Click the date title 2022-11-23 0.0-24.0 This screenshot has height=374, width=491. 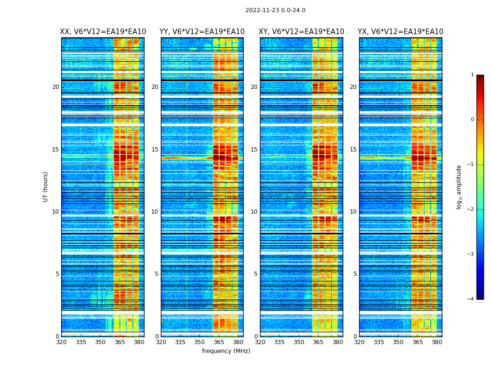click(x=275, y=10)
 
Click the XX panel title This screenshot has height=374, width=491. click(x=103, y=32)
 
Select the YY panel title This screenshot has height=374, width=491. click(x=202, y=32)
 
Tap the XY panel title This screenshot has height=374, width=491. click(x=302, y=32)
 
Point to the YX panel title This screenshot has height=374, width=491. click(x=400, y=32)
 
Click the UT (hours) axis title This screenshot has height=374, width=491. click(x=46, y=187)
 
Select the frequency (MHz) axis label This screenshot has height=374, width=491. click(x=226, y=351)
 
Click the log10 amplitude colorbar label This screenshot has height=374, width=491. click(x=459, y=187)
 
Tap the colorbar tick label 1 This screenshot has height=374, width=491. click(x=472, y=75)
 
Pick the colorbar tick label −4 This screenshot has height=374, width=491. click(x=471, y=299)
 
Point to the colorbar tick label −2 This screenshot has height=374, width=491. click(x=471, y=209)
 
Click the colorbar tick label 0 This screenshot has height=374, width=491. click(x=472, y=120)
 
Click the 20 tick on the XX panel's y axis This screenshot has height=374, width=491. click(x=56, y=87)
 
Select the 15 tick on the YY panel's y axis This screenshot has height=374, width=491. click(x=155, y=150)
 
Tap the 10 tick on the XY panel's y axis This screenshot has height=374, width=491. click(x=254, y=212)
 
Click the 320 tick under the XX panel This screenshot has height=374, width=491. click(x=61, y=342)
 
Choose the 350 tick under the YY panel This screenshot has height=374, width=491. click(x=200, y=342)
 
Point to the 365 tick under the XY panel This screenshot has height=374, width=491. click(x=318, y=342)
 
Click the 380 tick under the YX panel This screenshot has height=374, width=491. click(x=437, y=342)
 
